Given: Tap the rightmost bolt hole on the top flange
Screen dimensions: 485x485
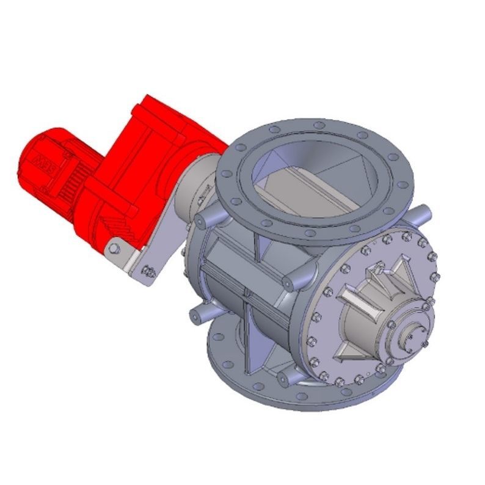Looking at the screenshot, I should pyautogui.click(x=402, y=183).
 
